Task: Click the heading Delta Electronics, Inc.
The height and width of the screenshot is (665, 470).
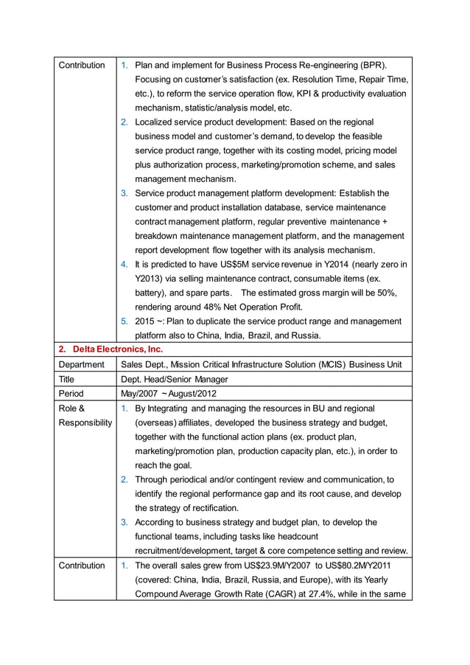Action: click(118, 349)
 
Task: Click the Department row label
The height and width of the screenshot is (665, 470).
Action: click(81, 364)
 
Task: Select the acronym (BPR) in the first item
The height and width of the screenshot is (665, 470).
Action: click(372, 65)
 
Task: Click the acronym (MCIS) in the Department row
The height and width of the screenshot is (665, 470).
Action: click(329, 364)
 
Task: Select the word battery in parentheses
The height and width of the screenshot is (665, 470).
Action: click(152, 293)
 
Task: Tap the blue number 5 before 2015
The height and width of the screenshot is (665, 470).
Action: click(124, 321)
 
